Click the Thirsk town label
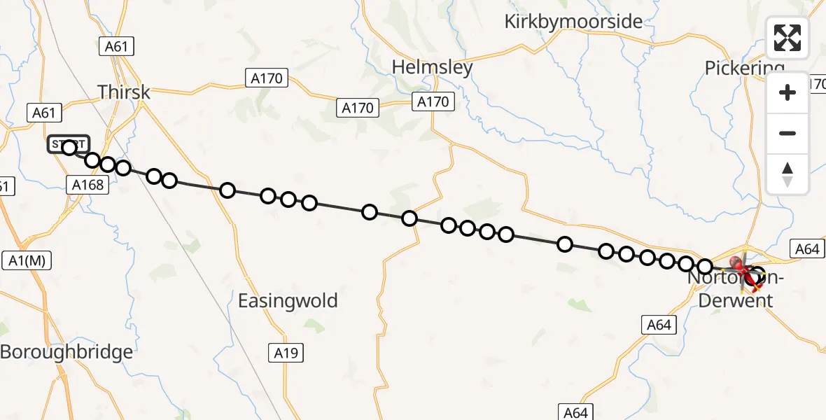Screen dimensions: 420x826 point(124,92)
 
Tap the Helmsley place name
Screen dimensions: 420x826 point(432,68)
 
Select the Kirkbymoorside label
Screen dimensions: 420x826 point(573,22)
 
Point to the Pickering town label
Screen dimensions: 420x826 point(744,69)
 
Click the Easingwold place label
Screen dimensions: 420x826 point(288,301)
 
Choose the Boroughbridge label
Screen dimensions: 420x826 point(66,351)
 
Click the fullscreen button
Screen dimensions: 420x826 point(787,38)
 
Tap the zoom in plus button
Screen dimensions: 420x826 point(787,92)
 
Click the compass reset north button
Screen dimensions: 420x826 point(787,174)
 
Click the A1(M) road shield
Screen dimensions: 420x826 point(27,260)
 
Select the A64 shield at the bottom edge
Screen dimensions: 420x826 point(575,412)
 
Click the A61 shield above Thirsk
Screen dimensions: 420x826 point(115,47)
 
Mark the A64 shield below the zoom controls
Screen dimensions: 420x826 point(806,249)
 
